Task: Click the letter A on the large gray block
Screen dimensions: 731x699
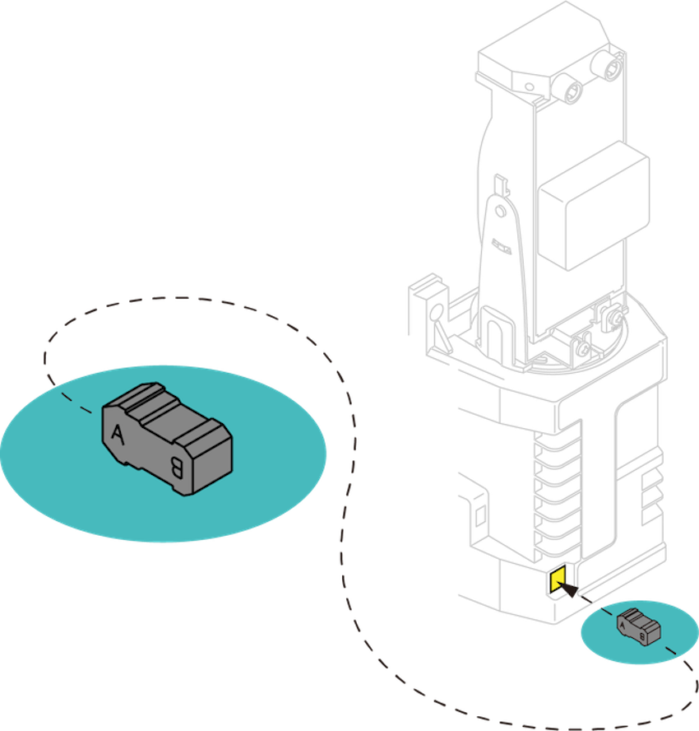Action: [118, 434]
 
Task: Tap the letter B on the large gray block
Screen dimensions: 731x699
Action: [177, 467]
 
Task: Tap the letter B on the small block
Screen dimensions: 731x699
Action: [642, 637]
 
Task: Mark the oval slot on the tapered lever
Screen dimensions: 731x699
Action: [502, 248]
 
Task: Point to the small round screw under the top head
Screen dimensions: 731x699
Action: [530, 86]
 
